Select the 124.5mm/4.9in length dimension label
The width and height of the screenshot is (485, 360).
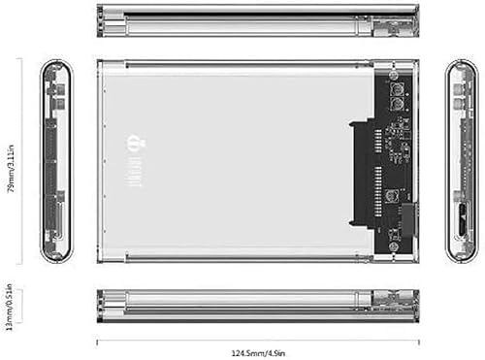tap(257, 350)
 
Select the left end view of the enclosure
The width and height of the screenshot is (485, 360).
tap(54, 162)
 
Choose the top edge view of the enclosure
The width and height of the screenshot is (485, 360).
tap(257, 20)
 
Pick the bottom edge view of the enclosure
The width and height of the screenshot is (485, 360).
tap(257, 303)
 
